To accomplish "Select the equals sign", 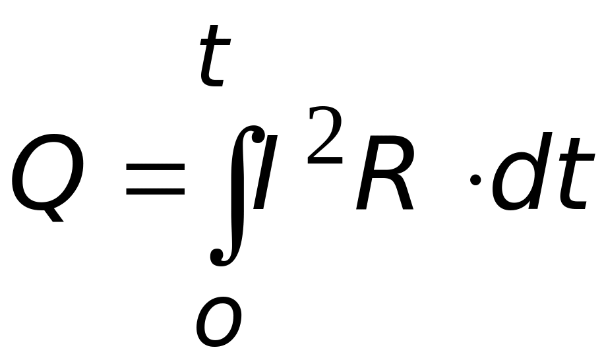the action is tap(156, 179).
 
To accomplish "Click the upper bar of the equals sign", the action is tap(156, 168).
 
